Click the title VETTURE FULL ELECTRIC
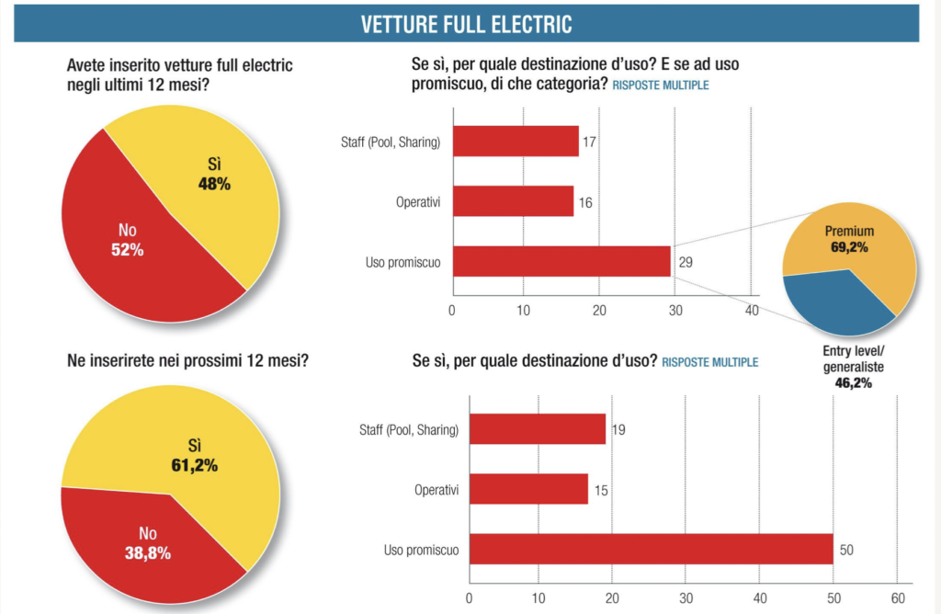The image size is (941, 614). tap(466, 24)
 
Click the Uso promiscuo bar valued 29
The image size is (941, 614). tap(561, 262)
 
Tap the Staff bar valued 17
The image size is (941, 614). tap(516, 142)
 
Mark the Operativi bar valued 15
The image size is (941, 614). tap(528, 489)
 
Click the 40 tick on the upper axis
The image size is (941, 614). tap(751, 311)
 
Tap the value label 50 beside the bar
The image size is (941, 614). tap(848, 550)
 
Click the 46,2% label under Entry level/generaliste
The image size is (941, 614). tap(853, 382)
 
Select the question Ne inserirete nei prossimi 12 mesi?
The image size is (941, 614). tap(187, 359)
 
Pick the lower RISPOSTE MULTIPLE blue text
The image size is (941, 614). tap(710, 362)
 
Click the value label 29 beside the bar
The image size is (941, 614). tap(685, 262)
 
